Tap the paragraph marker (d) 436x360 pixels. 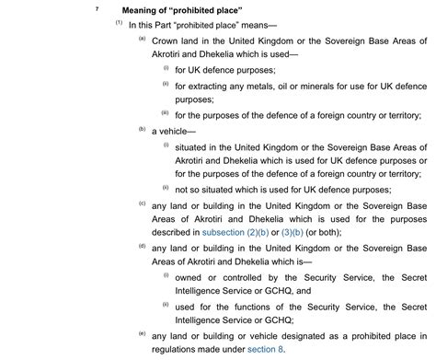coord(142,246)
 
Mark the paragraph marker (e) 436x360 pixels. coord(142,332)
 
